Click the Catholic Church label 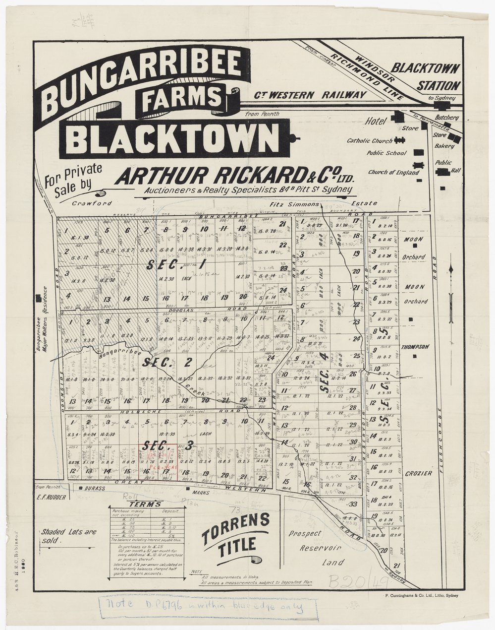pyautogui.click(x=369, y=141)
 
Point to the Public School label pyautogui.click(x=386, y=154)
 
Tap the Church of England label pyautogui.click(x=393, y=173)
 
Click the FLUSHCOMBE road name pyautogui.click(x=440, y=432)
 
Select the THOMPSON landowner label pyautogui.click(x=415, y=347)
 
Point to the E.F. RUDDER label pyautogui.click(x=51, y=496)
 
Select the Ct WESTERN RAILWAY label pyautogui.click(x=311, y=94)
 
